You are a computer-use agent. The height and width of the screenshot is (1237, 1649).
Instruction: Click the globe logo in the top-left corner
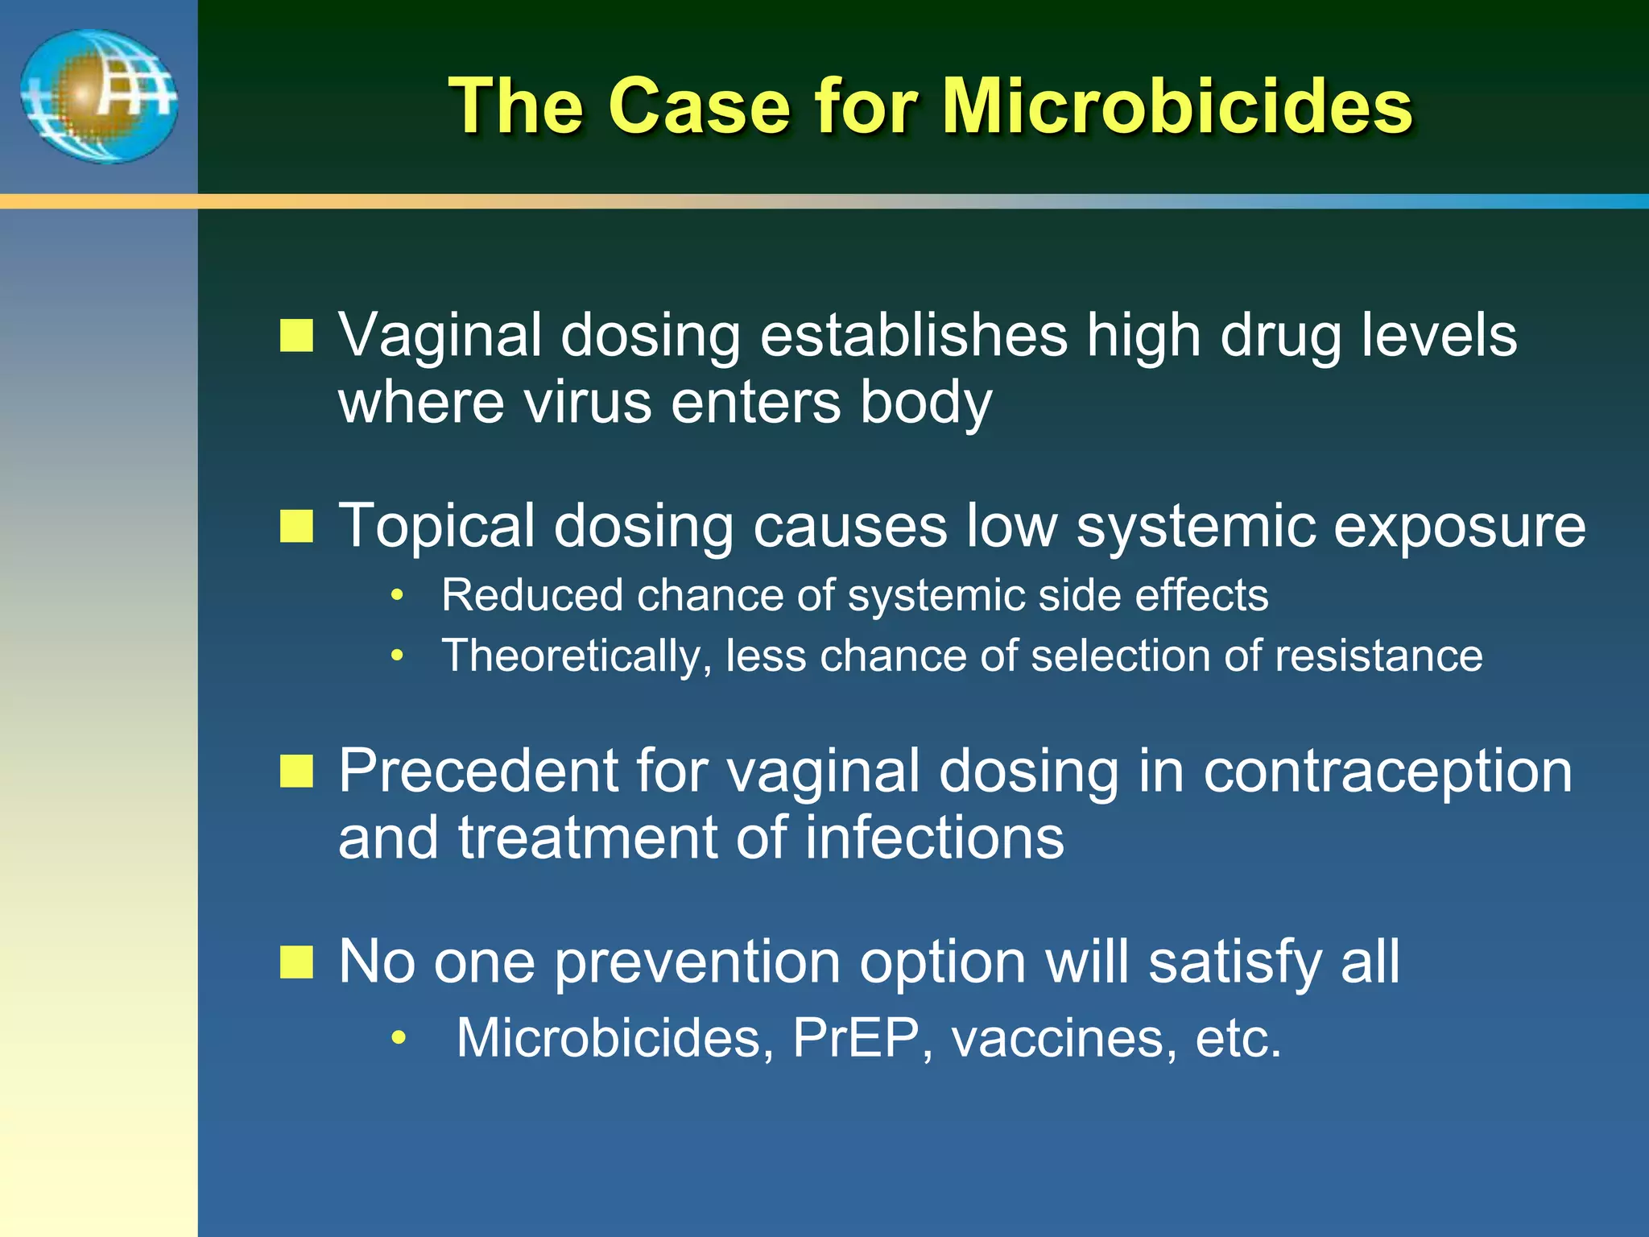(98, 96)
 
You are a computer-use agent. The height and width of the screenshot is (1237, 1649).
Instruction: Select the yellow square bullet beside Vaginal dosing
(296, 335)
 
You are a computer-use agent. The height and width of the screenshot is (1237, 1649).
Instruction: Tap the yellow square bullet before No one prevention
(296, 962)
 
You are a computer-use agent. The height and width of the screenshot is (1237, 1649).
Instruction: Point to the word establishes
(914, 335)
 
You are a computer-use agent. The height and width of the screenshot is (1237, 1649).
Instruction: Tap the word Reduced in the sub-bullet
(531, 595)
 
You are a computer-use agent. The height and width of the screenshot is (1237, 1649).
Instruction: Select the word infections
(934, 838)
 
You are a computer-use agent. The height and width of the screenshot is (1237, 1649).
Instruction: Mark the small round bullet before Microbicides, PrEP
(398, 1038)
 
